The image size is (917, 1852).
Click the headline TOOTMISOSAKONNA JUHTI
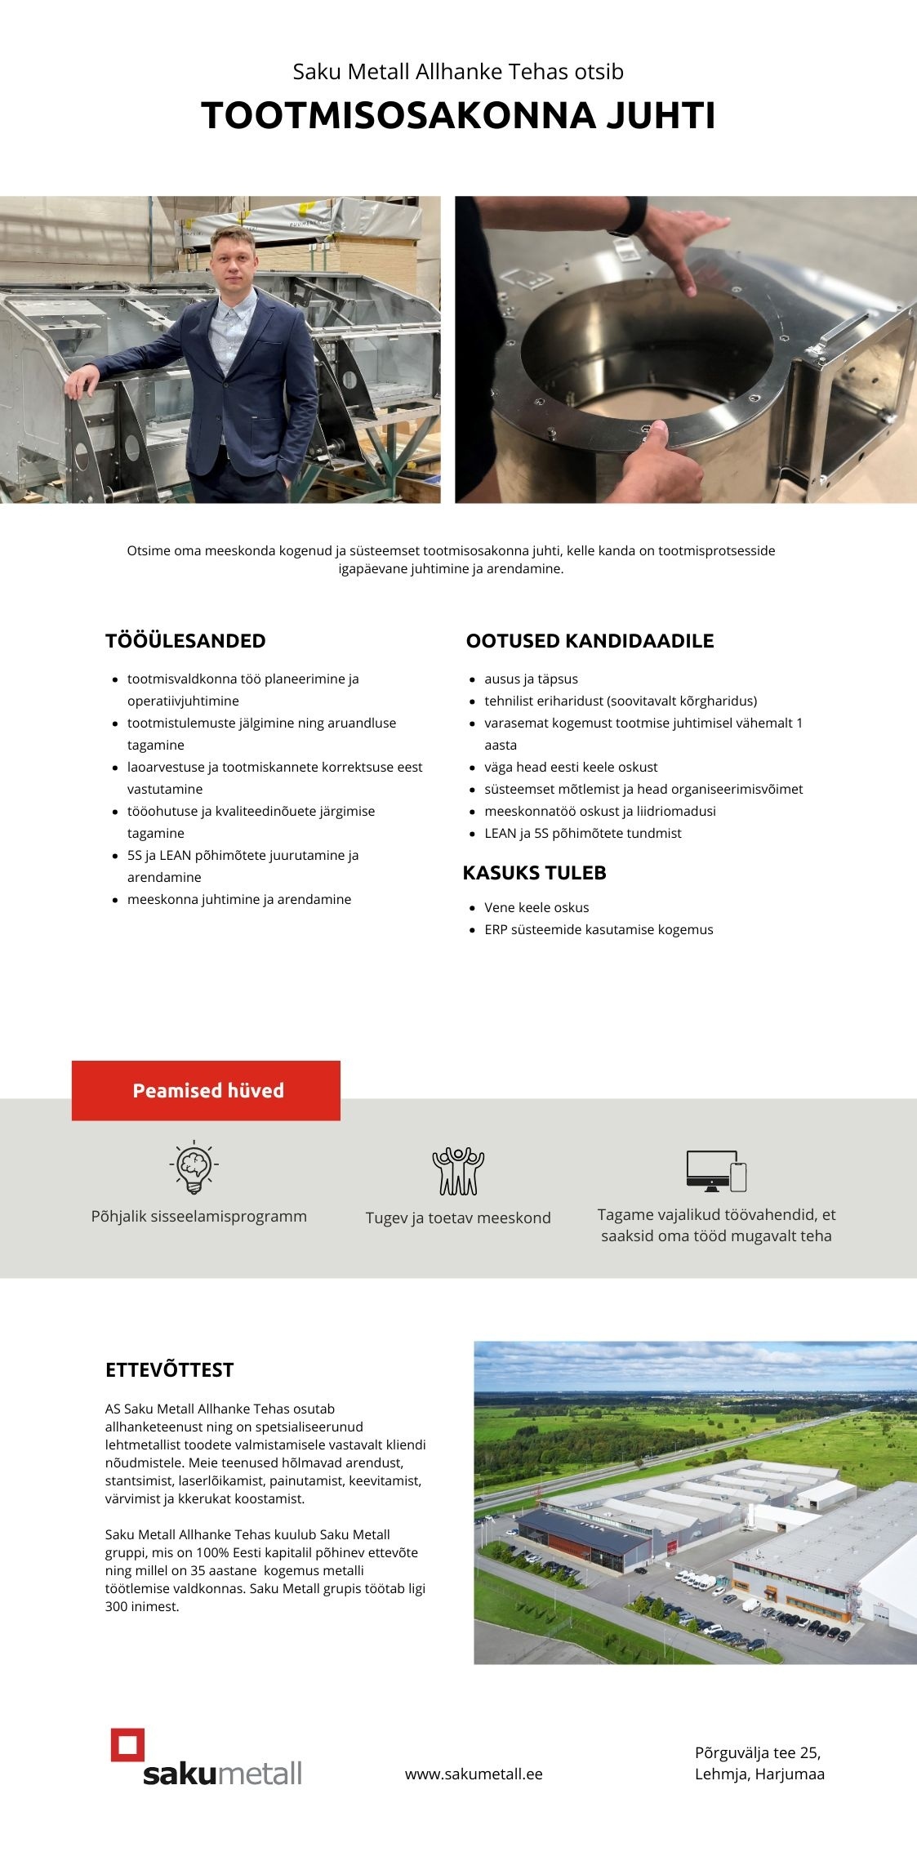tap(458, 115)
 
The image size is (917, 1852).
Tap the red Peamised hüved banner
tap(206, 1090)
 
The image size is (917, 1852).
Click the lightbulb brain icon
tap(194, 1167)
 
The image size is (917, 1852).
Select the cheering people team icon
tap(458, 1171)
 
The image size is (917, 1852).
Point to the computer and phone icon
tap(716, 1170)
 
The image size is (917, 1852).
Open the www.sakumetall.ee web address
tap(474, 1774)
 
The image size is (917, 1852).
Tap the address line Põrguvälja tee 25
tap(757, 1752)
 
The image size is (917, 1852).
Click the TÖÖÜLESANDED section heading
tap(185, 641)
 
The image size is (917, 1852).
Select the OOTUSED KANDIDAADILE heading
tap(590, 641)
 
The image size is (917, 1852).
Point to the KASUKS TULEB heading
tap(534, 873)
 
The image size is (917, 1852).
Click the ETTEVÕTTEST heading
tap(169, 1370)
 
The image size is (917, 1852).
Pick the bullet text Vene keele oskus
tap(536, 907)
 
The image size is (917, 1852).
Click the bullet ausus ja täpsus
tap(531, 679)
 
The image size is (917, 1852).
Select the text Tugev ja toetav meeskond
tap(458, 1218)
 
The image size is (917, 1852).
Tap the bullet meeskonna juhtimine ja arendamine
tap(239, 899)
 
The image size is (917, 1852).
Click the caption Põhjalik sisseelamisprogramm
tap(199, 1216)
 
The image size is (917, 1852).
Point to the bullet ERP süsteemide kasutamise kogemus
tap(599, 929)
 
